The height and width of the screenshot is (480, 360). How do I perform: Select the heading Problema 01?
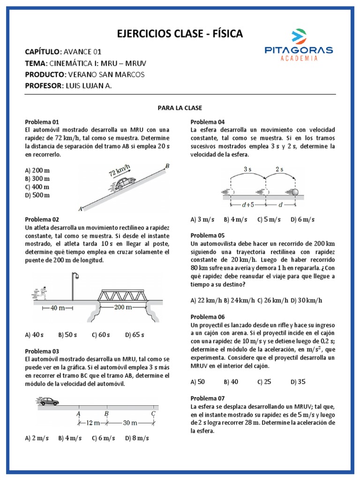pos(42,121)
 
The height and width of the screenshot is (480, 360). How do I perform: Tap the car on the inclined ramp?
pos(124,183)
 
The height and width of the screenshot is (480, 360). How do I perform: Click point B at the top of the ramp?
pos(167,165)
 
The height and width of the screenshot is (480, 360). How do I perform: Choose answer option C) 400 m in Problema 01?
pos(37,187)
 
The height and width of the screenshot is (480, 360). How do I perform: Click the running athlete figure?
pos(43,293)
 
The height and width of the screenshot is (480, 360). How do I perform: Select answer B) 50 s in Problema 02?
pos(67,335)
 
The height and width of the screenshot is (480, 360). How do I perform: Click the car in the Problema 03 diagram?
pos(49,401)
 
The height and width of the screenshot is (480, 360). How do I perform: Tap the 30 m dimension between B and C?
pos(129,423)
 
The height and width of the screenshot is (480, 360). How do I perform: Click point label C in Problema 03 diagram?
pos(153,413)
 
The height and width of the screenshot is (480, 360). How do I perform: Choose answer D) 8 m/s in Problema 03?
pos(137,438)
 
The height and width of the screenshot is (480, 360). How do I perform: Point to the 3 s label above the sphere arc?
pos(247,169)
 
